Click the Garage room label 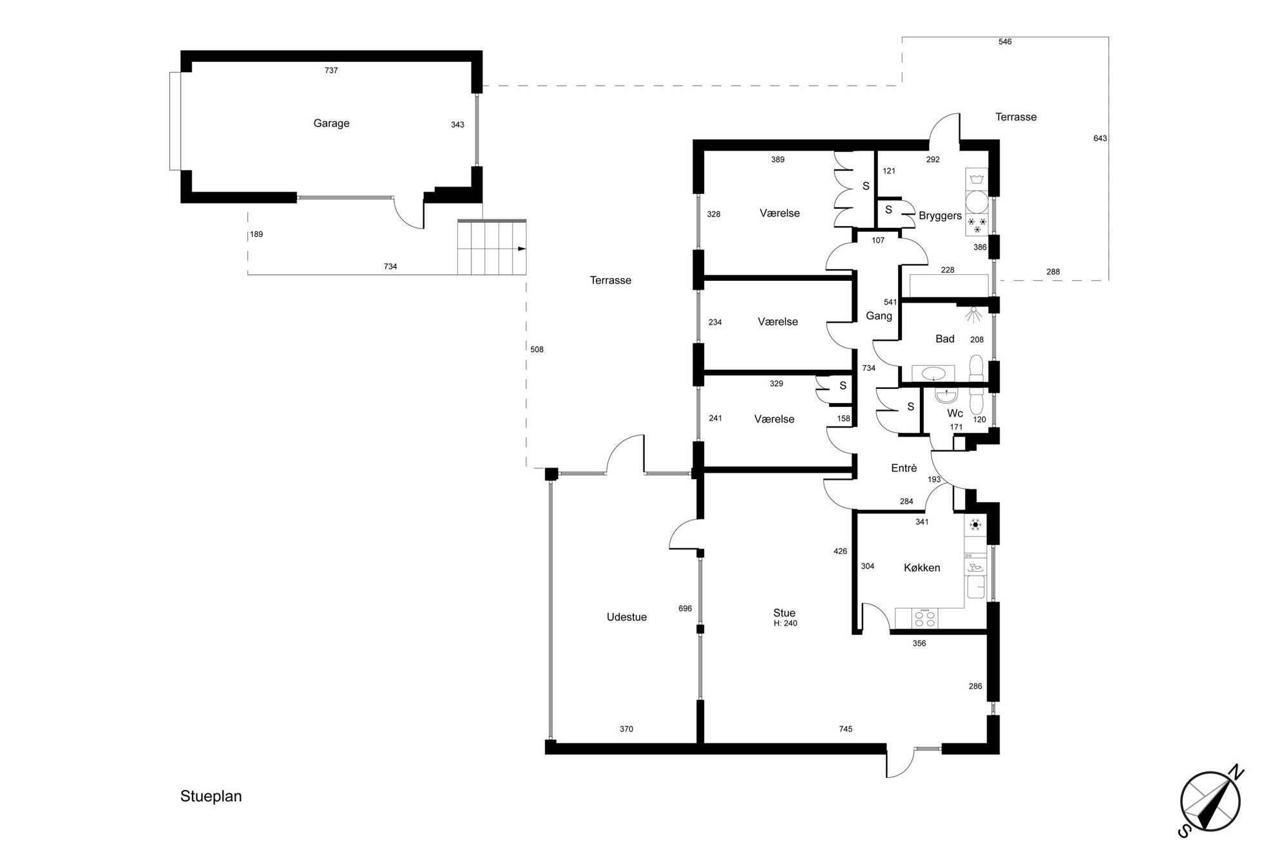click(331, 123)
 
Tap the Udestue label click(626, 617)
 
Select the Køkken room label click(922, 567)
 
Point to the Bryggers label click(940, 216)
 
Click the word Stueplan click(211, 797)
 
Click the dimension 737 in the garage click(331, 71)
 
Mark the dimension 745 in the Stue click(845, 729)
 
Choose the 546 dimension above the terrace click(1005, 42)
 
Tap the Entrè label click(904, 468)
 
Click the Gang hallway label click(879, 316)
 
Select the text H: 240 click(785, 623)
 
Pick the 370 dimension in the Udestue click(626, 729)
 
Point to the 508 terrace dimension click(537, 350)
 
